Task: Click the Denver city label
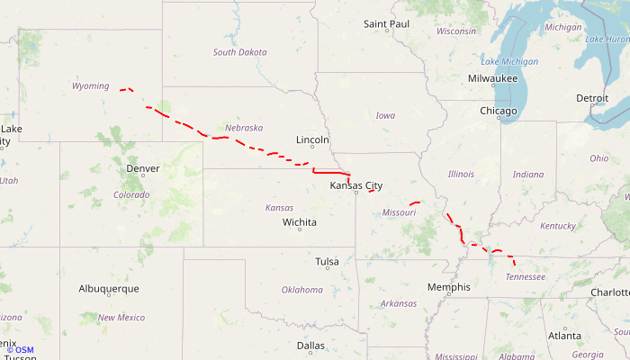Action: tap(143, 168)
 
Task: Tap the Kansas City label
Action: tap(356, 185)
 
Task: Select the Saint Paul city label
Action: tap(386, 23)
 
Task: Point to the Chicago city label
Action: tap(499, 112)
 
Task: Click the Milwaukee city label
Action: tap(492, 78)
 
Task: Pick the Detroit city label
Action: tap(592, 97)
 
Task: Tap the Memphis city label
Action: tap(448, 287)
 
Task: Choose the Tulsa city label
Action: tap(327, 262)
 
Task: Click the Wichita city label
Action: tap(299, 221)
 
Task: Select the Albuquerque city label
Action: tap(109, 289)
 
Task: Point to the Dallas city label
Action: tap(310, 345)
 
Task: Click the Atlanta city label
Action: tap(564, 335)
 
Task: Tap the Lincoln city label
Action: tap(312, 139)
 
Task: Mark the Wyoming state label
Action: tap(91, 86)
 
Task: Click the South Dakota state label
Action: tap(239, 52)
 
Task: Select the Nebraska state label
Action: tap(244, 128)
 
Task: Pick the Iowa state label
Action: tap(385, 115)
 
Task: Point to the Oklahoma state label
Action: tap(302, 290)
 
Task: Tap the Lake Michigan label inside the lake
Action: tap(508, 61)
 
